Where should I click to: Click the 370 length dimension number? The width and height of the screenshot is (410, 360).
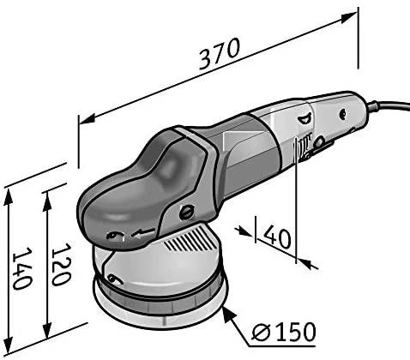tap(219, 54)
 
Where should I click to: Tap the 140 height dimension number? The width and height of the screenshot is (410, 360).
tap(22, 268)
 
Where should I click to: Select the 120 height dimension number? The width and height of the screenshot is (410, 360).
tap(61, 264)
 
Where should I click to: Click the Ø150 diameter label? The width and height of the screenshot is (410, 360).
tap(284, 332)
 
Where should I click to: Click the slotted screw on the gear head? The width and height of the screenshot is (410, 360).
tap(186, 213)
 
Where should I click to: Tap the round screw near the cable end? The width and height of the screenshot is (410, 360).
tap(342, 114)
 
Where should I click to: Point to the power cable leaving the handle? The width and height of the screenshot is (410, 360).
tap(389, 105)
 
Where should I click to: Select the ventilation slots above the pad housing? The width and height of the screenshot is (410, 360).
tap(190, 238)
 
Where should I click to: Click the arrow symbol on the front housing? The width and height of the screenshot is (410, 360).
tap(143, 232)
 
